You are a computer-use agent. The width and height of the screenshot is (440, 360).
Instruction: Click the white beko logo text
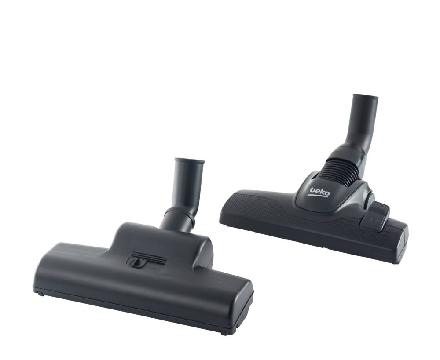point(320,192)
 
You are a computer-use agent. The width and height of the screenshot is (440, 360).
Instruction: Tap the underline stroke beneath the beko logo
point(318,196)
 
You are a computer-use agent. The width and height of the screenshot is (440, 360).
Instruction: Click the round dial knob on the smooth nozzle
point(136,262)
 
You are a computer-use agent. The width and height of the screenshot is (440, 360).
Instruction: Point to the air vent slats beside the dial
point(150,258)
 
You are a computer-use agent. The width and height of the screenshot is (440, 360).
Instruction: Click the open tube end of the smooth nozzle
point(190,161)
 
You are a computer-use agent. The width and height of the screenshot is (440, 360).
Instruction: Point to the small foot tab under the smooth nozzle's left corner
point(40,293)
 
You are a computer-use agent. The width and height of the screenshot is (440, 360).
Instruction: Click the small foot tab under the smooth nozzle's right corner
point(224,333)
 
